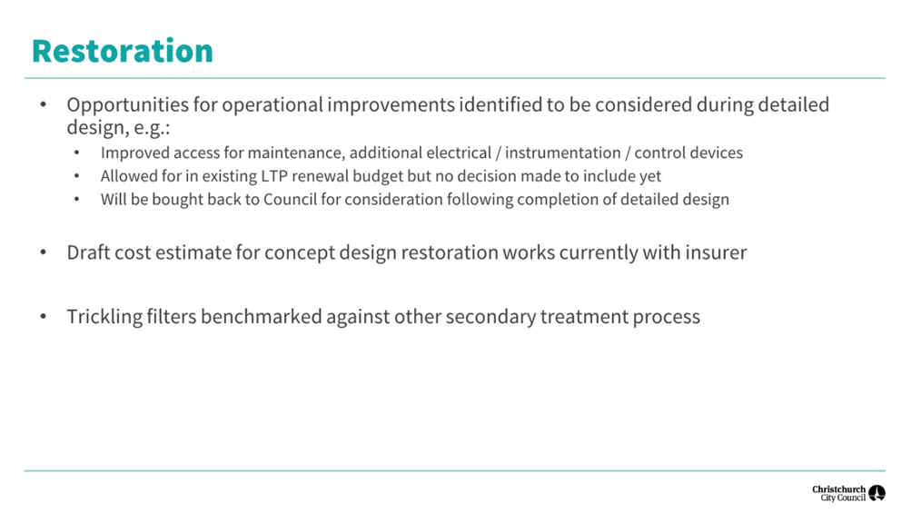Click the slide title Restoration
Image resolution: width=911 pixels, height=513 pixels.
pyautogui.click(x=123, y=51)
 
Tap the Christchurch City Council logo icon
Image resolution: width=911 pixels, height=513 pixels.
pyautogui.click(x=876, y=493)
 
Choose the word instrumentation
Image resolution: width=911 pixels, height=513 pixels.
pyautogui.click(x=562, y=153)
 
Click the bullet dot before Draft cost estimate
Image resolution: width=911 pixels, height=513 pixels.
pyautogui.click(x=44, y=252)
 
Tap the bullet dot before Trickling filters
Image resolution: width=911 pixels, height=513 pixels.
pyautogui.click(x=44, y=317)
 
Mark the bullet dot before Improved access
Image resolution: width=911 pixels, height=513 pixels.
pyautogui.click(x=76, y=153)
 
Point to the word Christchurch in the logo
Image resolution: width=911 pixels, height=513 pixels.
pyautogui.click(x=838, y=489)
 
